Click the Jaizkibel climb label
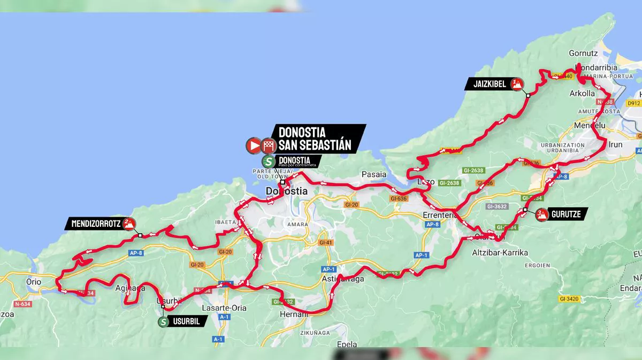489,84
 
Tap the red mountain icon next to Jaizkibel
516,83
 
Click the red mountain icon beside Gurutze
541,215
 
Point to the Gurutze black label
567,215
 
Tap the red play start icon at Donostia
253,145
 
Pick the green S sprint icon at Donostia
268,160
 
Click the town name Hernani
294,315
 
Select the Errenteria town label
438,215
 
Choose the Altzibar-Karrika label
500,252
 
